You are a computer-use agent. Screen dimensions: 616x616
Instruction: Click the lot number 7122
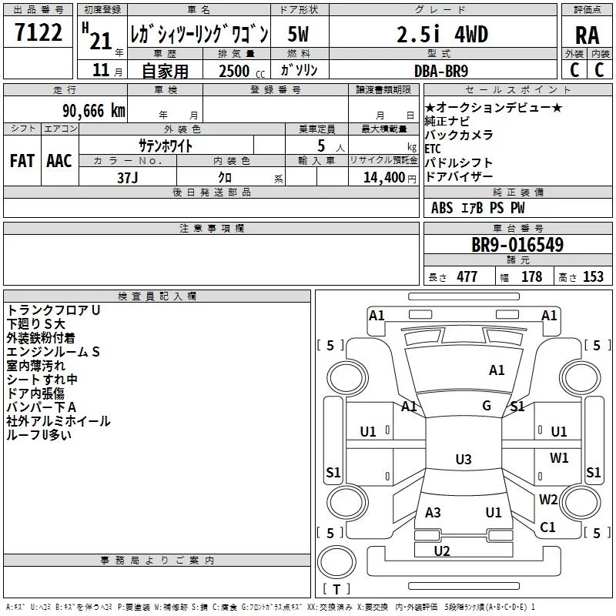[38, 32]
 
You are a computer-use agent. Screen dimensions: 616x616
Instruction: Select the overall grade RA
[588, 35]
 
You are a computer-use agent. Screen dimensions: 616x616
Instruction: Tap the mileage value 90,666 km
[94, 111]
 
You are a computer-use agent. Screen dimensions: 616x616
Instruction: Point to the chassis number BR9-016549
[517, 245]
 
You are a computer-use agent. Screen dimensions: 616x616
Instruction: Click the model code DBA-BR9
[441, 71]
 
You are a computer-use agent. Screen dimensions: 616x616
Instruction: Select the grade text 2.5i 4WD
[442, 35]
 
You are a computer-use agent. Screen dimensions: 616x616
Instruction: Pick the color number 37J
[128, 178]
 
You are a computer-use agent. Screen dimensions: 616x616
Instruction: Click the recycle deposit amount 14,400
[384, 178]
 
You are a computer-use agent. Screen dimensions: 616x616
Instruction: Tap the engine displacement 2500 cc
[242, 71]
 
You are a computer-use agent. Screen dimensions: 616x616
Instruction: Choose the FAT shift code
[22, 161]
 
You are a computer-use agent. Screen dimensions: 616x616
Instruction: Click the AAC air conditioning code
[59, 161]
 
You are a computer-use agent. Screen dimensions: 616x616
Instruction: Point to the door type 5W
[298, 34]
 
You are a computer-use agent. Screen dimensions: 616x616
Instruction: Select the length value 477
[467, 276]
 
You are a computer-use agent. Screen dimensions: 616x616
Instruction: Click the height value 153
[593, 276]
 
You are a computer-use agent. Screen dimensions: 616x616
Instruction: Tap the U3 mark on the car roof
[464, 459]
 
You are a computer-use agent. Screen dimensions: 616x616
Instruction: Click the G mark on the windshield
[487, 405]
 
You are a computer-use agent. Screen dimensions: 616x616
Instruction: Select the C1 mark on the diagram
[547, 527]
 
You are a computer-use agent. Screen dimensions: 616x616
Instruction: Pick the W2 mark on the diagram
[548, 499]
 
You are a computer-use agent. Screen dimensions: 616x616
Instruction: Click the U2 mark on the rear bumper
[442, 551]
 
